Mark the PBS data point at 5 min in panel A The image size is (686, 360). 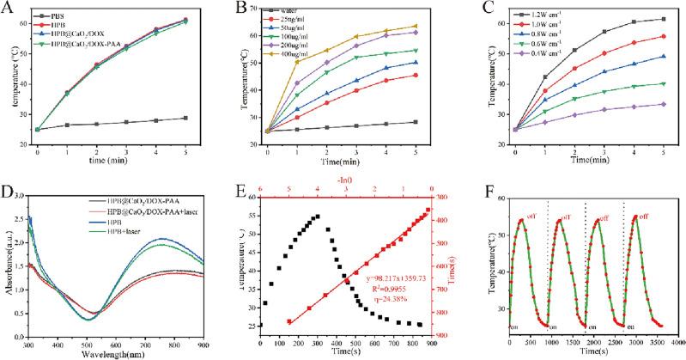(x=209, y=118)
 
